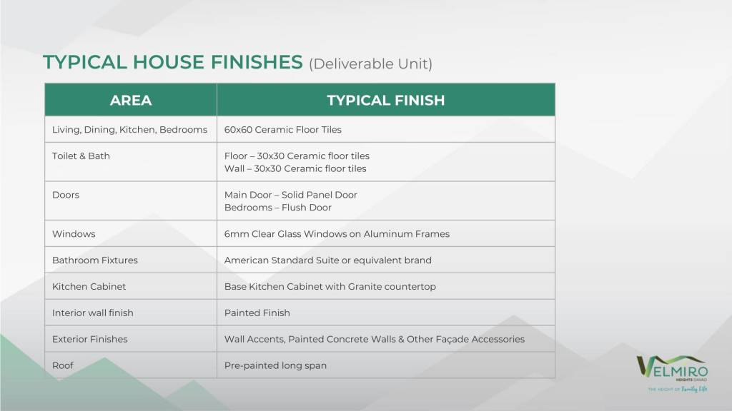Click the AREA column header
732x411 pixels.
(131, 100)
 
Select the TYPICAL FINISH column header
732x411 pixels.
(385, 100)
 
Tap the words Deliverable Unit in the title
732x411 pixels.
(371, 64)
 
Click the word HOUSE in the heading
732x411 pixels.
(168, 62)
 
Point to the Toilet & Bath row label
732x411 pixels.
(81, 156)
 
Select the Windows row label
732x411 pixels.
(74, 234)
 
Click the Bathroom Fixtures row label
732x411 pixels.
(95, 260)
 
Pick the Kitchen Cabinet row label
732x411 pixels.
(89, 287)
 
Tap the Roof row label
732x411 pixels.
(63, 365)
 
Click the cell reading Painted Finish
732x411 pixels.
(257, 313)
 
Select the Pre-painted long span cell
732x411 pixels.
(275, 366)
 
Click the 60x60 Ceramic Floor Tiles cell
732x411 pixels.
(282, 130)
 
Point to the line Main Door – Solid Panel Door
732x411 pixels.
(290, 195)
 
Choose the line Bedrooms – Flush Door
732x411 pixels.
(278, 208)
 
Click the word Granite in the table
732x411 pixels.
(364, 287)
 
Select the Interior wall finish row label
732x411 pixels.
(92, 313)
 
